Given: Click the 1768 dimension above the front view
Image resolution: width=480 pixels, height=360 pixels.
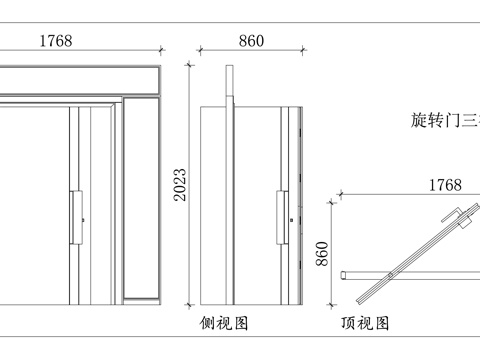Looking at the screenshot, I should (55, 41).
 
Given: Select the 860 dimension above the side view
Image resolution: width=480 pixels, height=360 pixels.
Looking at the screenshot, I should (251, 41).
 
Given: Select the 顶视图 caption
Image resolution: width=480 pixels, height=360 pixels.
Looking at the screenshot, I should (365, 324).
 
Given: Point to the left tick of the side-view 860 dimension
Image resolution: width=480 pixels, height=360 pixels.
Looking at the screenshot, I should (200, 49).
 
